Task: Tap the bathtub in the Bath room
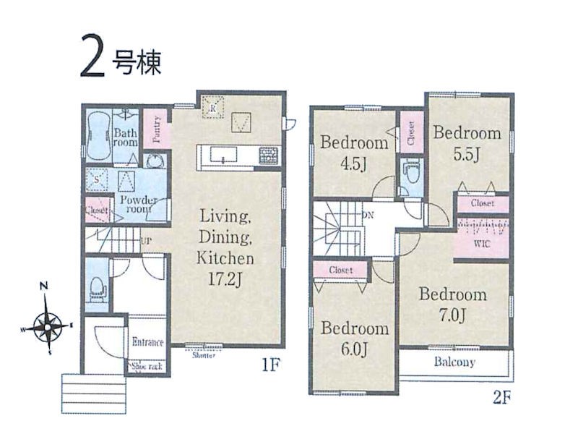(98, 136)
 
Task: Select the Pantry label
(157, 129)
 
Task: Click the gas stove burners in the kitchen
(269, 156)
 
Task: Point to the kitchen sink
(223, 154)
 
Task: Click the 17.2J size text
(225, 279)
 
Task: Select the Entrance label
(147, 342)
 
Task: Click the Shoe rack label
(147, 366)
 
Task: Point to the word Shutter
(204, 355)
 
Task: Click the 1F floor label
(271, 365)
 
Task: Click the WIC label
(482, 244)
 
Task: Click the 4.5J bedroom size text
(353, 164)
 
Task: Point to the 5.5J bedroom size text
(466, 155)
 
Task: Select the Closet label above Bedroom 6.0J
(340, 270)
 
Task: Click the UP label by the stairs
(146, 241)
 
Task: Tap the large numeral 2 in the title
(92, 56)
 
